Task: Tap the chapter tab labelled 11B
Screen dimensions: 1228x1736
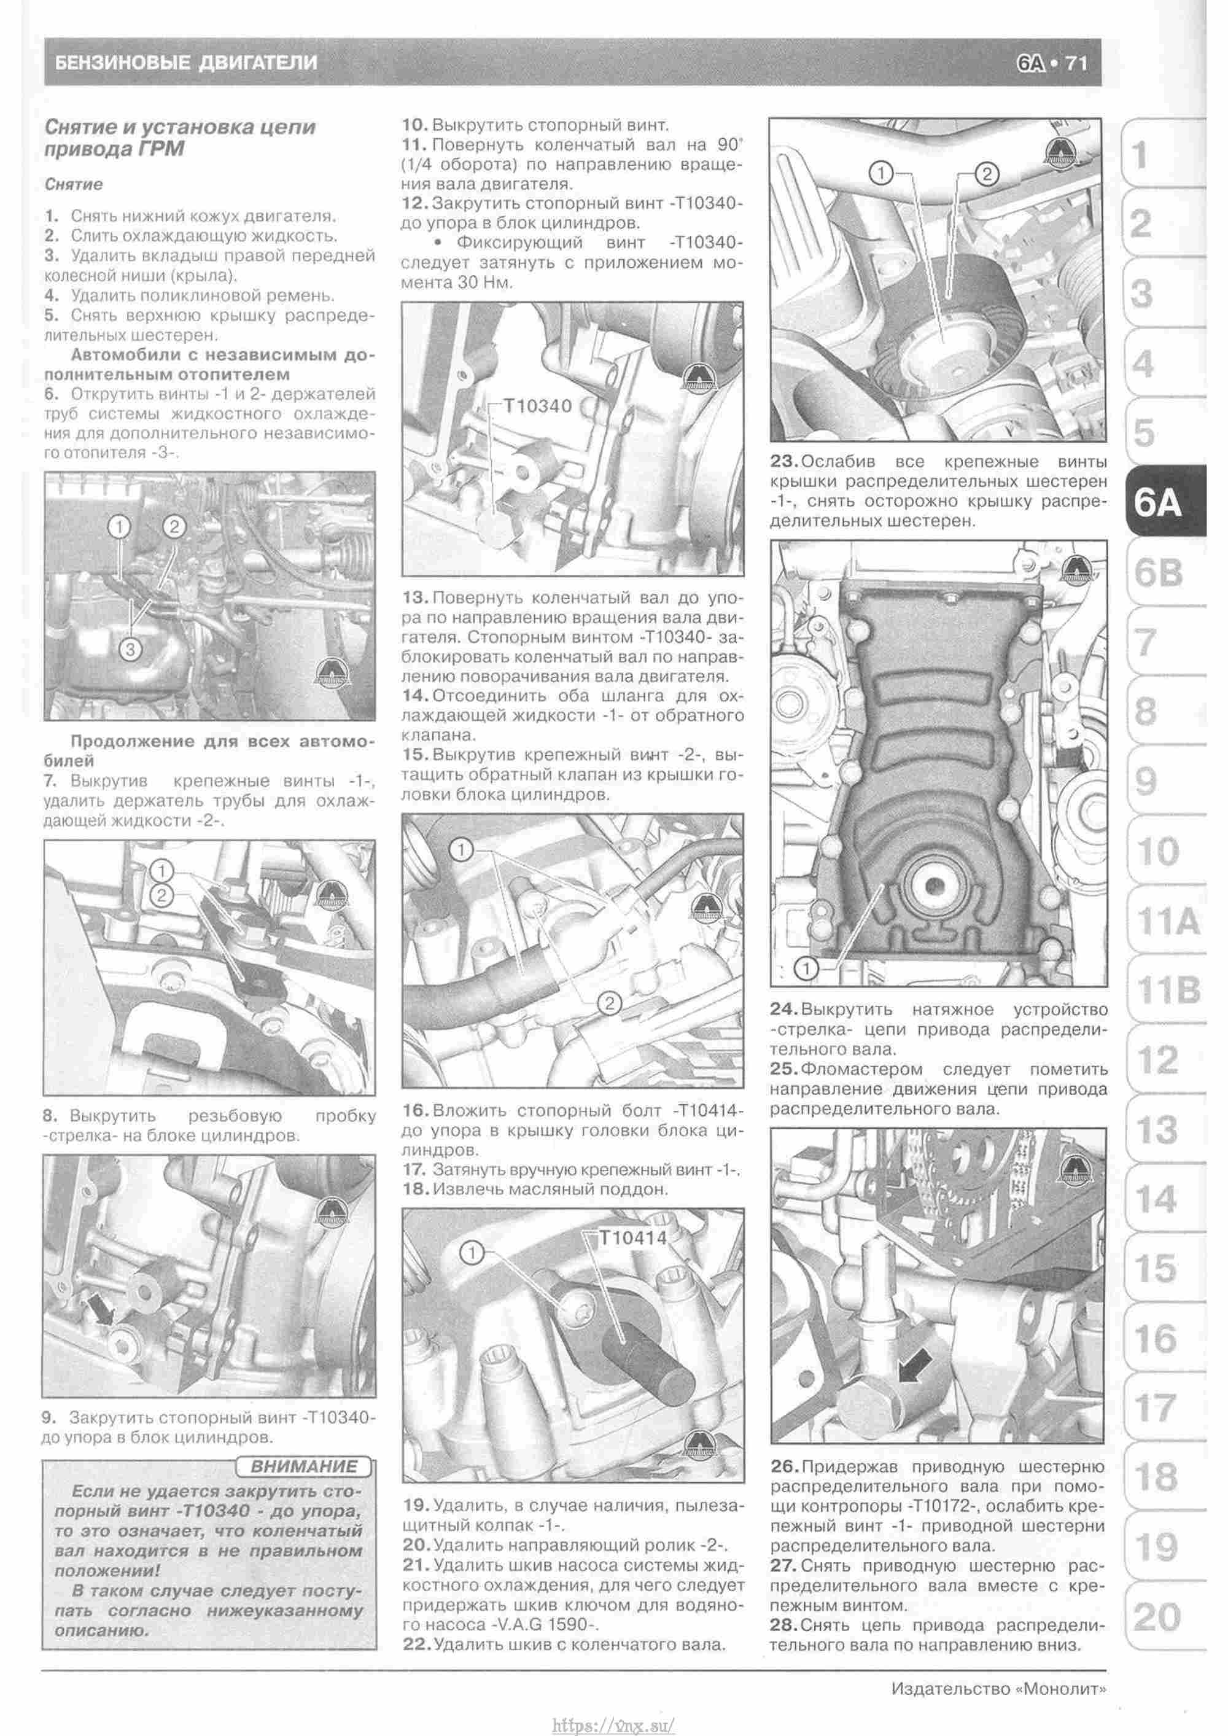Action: [1167, 989]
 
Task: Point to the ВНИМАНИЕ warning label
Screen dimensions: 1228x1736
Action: [304, 1468]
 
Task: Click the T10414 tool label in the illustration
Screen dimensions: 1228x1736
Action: [633, 1238]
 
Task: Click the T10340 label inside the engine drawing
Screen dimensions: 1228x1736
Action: [538, 405]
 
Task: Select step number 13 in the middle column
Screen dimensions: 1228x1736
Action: [415, 598]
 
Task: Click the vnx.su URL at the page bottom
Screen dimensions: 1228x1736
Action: [613, 1721]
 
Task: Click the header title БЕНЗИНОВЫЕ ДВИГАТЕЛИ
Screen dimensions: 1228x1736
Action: [182, 63]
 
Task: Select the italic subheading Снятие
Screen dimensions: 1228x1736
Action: [73, 184]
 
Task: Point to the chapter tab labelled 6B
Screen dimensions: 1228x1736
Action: [1157, 572]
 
